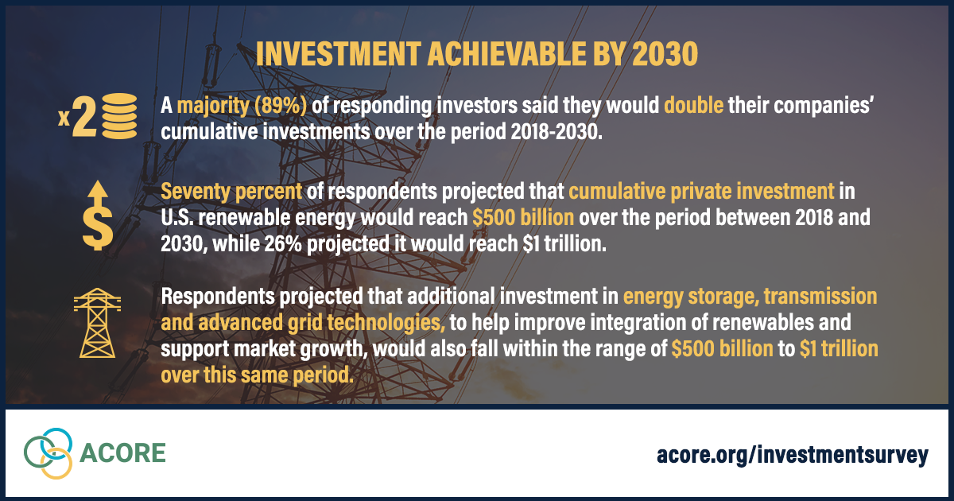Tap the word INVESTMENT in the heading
pyautogui.click(x=339, y=54)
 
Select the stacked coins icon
pyautogui.click(x=120, y=116)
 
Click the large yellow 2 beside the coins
pyautogui.click(x=84, y=116)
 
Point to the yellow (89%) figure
pyautogui.click(x=280, y=105)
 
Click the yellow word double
pyautogui.click(x=694, y=105)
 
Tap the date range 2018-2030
pyautogui.click(x=556, y=132)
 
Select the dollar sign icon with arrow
pyautogui.click(x=98, y=216)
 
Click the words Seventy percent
pyautogui.click(x=231, y=192)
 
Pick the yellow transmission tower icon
pyautogui.click(x=97, y=323)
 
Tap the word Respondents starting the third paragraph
pyautogui.click(x=218, y=297)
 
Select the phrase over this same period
pyautogui.click(x=258, y=375)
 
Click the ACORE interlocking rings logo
pyautogui.click(x=48, y=453)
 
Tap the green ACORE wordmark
pyautogui.click(x=122, y=452)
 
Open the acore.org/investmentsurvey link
pyautogui.click(x=793, y=455)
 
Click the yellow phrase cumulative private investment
pyautogui.click(x=701, y=192)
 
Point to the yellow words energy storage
pyautogui.click(x=691, y=297)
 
